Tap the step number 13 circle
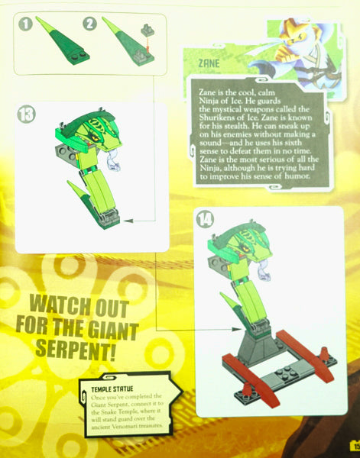click(x=28, y=115)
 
